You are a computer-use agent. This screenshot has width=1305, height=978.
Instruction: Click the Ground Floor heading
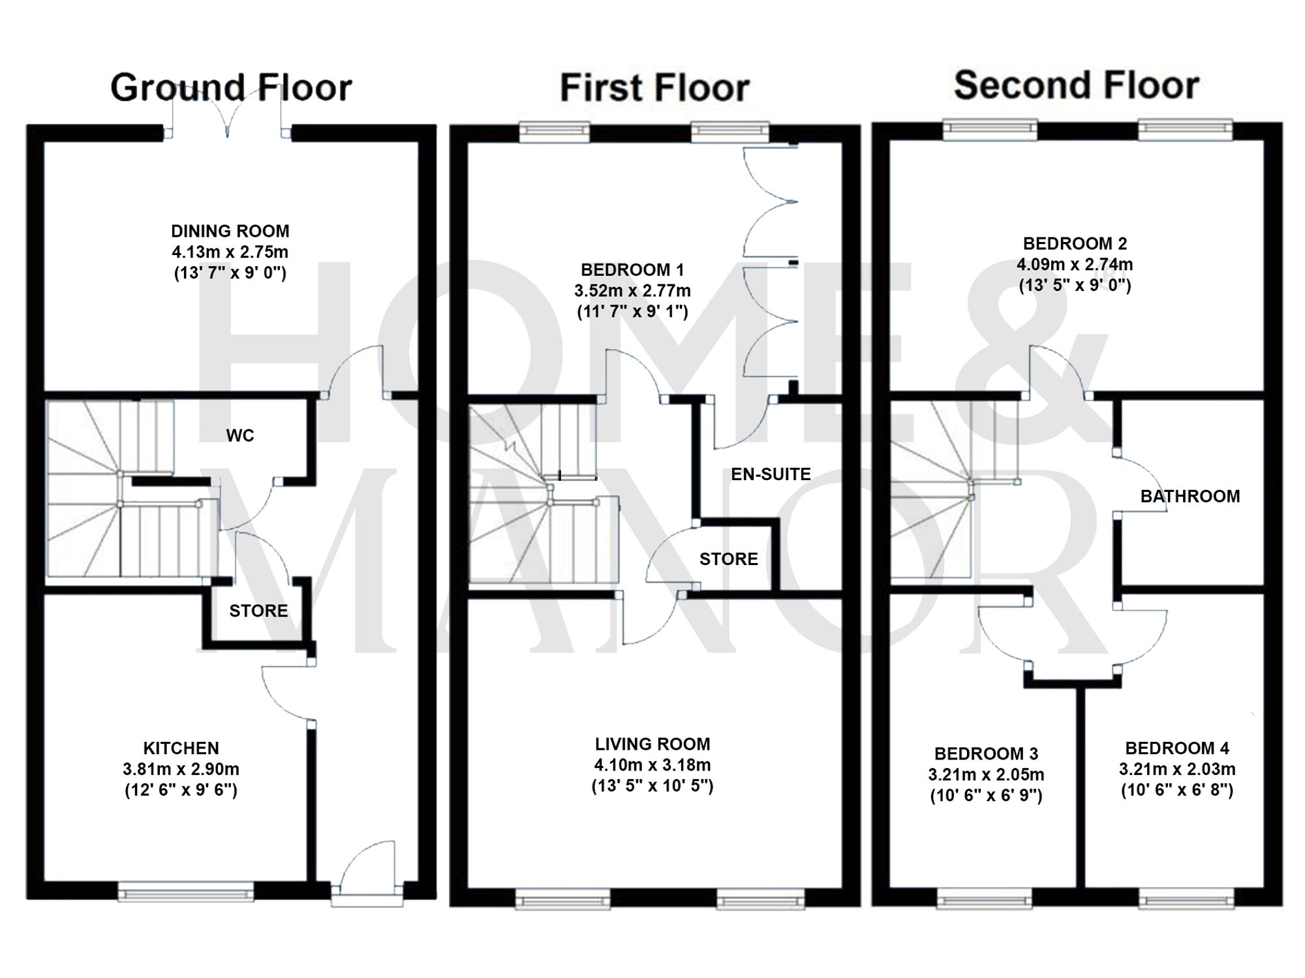231,87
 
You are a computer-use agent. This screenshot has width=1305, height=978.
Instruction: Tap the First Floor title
654,87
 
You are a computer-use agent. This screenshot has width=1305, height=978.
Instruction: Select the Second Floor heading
1077,85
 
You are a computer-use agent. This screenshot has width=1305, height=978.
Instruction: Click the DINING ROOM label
230,231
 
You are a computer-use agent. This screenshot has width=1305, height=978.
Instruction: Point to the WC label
239,436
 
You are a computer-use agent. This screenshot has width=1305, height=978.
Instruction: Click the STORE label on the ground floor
258,611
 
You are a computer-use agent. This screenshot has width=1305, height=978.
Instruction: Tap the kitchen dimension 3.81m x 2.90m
181,769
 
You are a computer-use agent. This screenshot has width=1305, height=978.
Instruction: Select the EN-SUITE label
771,474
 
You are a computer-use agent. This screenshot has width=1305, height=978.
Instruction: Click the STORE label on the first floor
728,559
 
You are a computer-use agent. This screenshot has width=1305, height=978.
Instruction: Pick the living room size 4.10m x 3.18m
652,765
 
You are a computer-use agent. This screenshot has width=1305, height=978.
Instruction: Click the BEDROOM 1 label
632,269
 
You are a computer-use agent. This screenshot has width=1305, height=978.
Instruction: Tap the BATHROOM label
1190,497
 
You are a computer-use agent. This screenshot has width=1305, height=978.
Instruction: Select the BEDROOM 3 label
986,754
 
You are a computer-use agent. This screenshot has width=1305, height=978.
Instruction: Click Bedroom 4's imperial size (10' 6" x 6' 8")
1177,791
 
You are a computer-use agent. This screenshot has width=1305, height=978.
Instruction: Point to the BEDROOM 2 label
1075,243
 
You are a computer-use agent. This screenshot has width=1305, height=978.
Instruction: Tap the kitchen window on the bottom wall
186,891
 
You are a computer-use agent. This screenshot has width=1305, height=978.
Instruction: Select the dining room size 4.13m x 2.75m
230,252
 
